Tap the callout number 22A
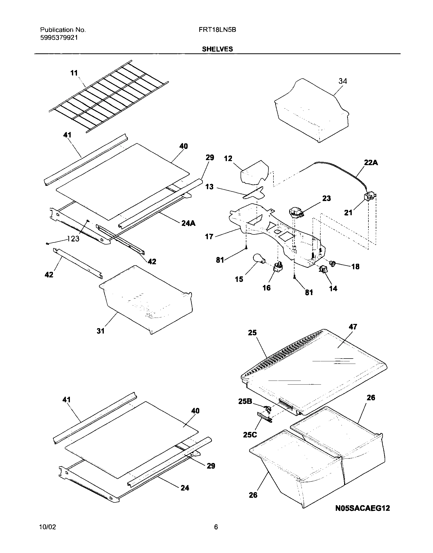(371, 163)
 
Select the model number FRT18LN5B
(217, 30)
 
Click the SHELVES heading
(217, 49)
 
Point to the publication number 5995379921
(59, 38)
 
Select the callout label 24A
(188, 223)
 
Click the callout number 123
(73, 239)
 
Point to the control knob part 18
(332, 264)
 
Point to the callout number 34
(343, 81)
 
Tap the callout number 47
(353, 327)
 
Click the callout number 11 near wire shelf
(74, 73)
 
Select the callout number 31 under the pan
(101, 331)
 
